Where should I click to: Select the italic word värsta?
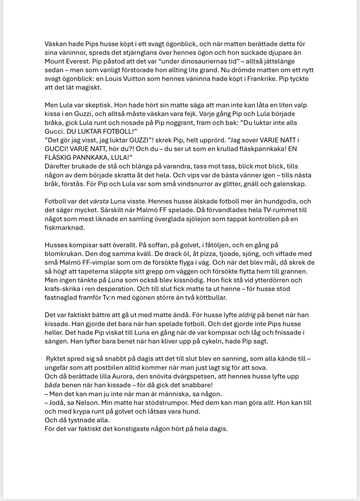click(99, 201)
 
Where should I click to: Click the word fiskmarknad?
click(64, 227)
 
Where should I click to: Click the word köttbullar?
click(210, 298)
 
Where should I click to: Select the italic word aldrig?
click(247, 315)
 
